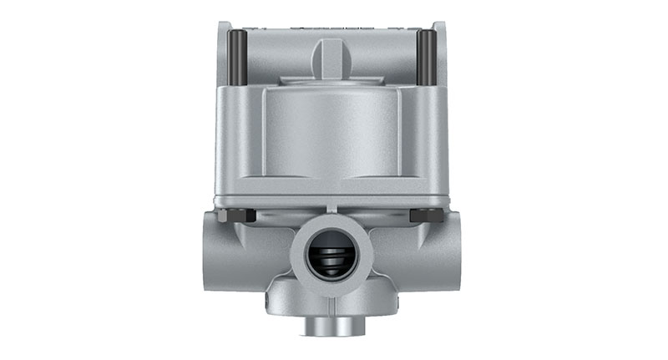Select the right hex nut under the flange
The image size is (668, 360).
point(427,215)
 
